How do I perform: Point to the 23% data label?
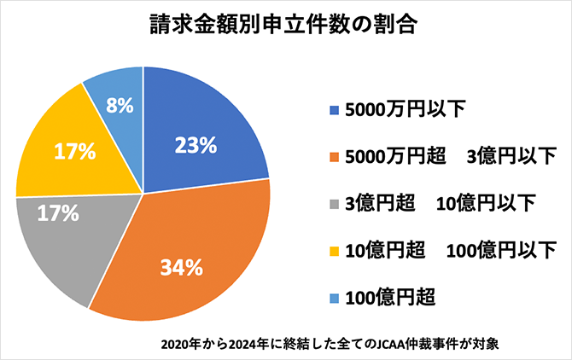195,145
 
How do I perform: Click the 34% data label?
182,268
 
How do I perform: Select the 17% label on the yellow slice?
73,152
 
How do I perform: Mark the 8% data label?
119,106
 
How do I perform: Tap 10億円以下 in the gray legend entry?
486,204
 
